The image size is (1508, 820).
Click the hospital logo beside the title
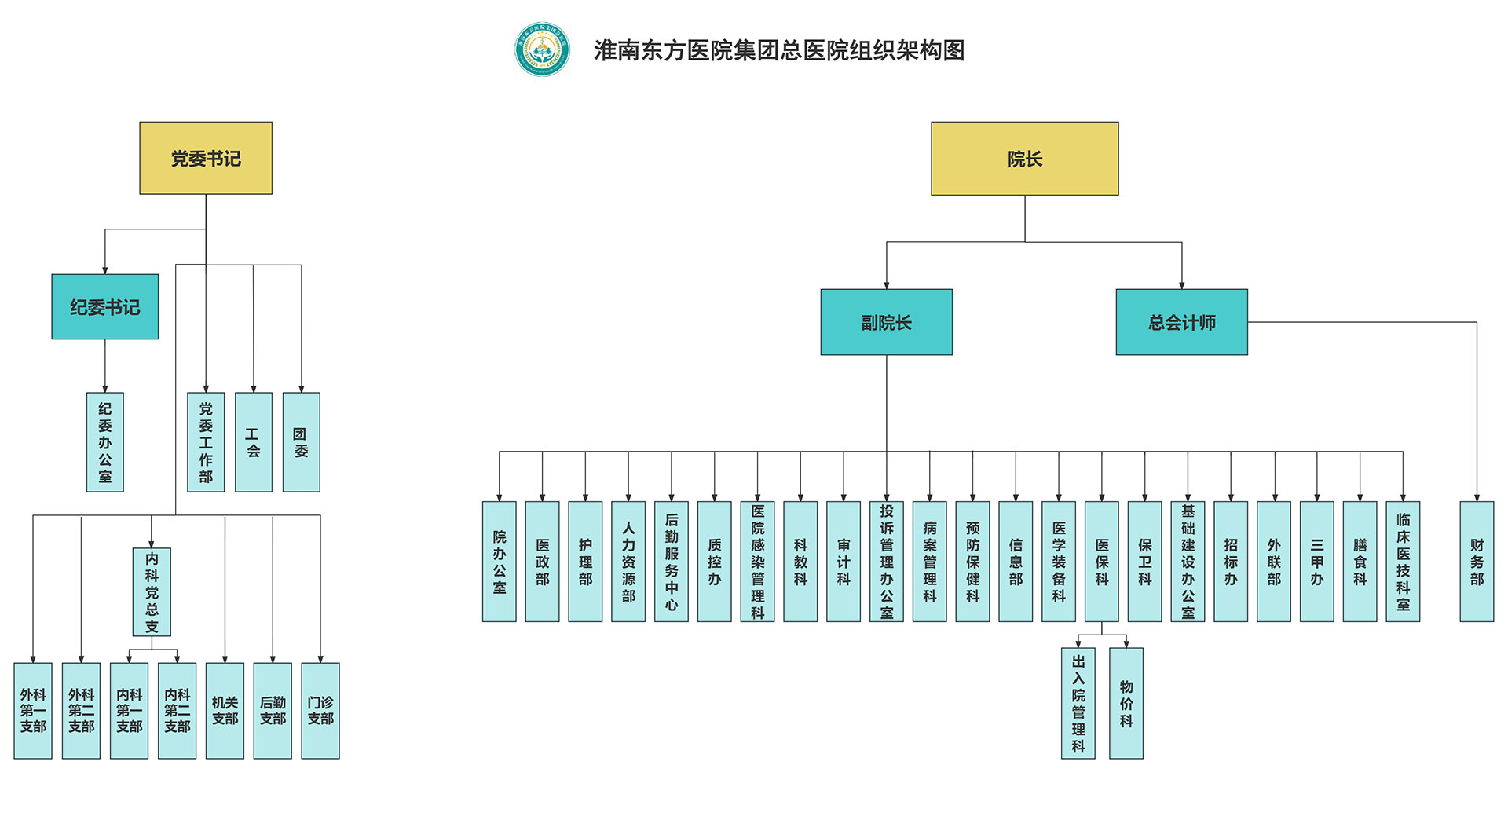tap(542, 49)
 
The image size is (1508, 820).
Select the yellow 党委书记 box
tap(206, 158)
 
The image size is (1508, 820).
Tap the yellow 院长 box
tap(1024, 159)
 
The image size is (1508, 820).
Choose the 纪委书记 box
tap(105, 307)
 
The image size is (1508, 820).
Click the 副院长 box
tap(886, 322)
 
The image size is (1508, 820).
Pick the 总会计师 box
tap(1181, 322)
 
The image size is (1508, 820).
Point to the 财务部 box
tap(1477, 562)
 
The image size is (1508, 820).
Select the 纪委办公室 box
tap(105, 442)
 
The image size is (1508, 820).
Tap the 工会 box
tap(253, 442)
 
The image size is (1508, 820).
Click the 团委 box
tap(301, 442)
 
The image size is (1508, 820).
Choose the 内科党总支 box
tap(152, 592)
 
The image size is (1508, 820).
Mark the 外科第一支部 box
tap(33, 711)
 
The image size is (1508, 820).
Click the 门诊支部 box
tap(320, 711)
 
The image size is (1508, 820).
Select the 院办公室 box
tap(500, 562)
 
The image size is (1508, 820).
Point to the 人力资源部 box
tap(628, 562)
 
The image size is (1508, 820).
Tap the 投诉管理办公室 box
tap(886, 562)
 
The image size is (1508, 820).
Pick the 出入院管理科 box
tap(1078, 703)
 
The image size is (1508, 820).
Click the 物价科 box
tap(1126, 703)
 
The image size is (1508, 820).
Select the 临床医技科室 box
tap(1403, 562)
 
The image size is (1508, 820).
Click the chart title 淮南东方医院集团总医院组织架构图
tap(779, 50)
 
